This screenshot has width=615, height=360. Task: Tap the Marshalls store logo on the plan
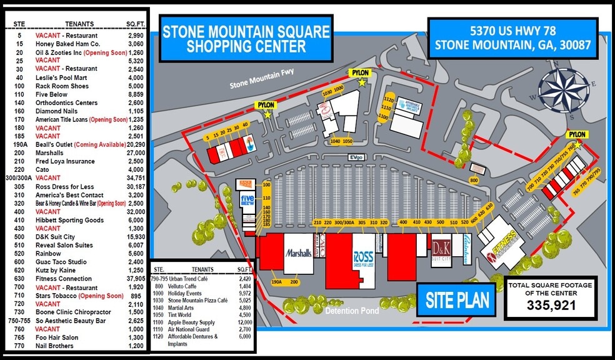(x=298, y=253)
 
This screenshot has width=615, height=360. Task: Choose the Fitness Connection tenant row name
(x=67, y=279)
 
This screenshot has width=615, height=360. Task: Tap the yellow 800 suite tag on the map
(x=474, y=180)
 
